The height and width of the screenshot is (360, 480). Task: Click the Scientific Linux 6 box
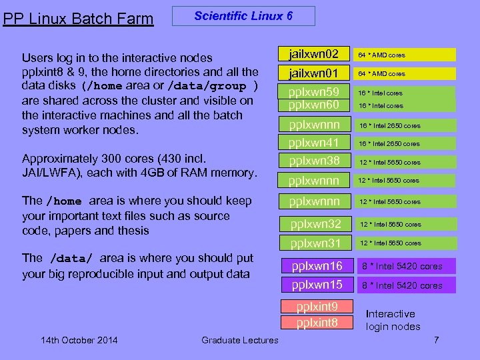point(243,16)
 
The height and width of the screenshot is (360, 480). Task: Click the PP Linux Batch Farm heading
point(78,19)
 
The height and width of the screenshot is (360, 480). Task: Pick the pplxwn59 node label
point(314,92)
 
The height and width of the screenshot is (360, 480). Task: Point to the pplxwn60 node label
point(314,105)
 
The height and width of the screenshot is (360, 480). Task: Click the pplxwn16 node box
point(317,266)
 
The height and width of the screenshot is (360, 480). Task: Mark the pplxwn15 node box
point(317,285)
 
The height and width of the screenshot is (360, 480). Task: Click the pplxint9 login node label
point(317,307)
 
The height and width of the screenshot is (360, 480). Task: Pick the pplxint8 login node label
point(317,323)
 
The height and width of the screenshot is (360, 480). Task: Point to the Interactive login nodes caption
point(393,320)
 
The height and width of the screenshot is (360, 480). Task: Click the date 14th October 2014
point(79,341)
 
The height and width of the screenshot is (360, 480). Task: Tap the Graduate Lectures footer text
point(240,341)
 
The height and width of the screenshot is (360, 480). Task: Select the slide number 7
point(436,340)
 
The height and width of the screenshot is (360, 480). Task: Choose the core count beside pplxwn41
point(389,143)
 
